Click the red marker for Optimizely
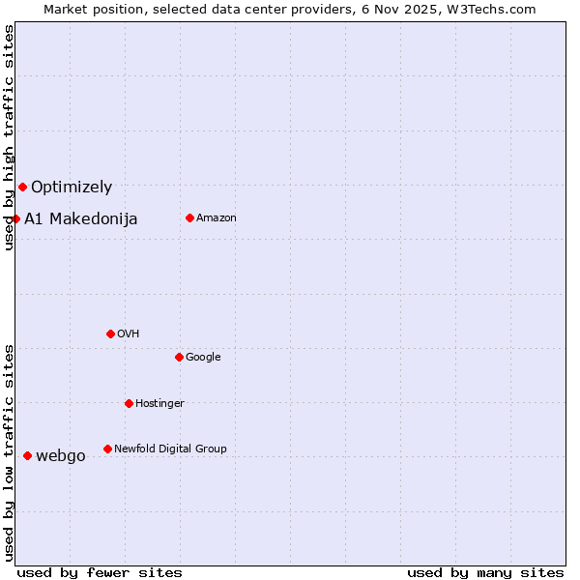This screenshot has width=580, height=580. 22,187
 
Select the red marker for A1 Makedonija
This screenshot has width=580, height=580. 15,218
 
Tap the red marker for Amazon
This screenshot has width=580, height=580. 189,217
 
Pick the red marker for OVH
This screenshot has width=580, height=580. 110,333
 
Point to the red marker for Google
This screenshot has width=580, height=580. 179,357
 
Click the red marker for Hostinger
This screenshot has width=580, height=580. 129,403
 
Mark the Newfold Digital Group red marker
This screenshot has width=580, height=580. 107,449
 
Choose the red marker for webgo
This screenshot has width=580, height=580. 27,455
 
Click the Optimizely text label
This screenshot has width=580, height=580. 72,188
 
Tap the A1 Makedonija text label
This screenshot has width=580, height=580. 81,219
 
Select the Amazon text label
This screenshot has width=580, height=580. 217,218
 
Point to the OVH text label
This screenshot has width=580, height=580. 129,334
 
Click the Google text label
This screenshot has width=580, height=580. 203,358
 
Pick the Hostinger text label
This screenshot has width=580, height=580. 159,404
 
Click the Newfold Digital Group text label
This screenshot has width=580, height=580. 170,449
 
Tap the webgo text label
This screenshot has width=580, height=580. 61,456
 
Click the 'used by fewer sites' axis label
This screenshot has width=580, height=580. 100,572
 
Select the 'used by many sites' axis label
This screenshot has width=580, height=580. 485,572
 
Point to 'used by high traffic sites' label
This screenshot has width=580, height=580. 9,137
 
